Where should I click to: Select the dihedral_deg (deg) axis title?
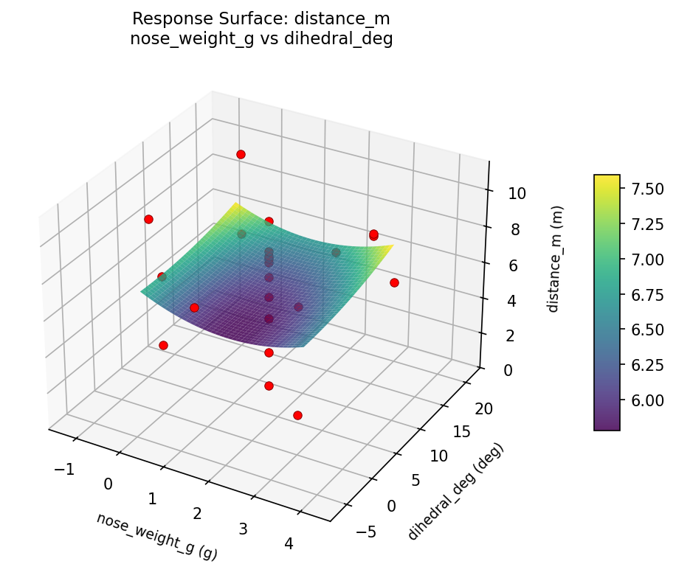pyautogui.click(x=455, y=491)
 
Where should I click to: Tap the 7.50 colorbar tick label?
pyautogui.click(x=646, y=189)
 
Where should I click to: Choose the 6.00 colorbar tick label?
pyautogui.click(x=646, y=400)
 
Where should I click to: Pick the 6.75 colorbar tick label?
pyautogui.click(x=646, y=295)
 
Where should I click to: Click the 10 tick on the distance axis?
pyautogui.click(x=517, y=194)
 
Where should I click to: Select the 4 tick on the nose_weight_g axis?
pyautogui.click(x=289, y=544)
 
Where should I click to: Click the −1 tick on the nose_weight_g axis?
pyautogui.click(x=65, y=469)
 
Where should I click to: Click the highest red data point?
pyautogui.click(x=241, y=154)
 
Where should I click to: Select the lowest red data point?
pyautogui.click(x=297, y=416)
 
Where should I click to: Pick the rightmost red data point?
pyautogui.click(x=394, y=282)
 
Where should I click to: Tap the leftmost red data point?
pyautogui.click(x=148, y=219)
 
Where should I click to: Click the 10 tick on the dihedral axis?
pyautogui.click(x=438, y=456)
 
